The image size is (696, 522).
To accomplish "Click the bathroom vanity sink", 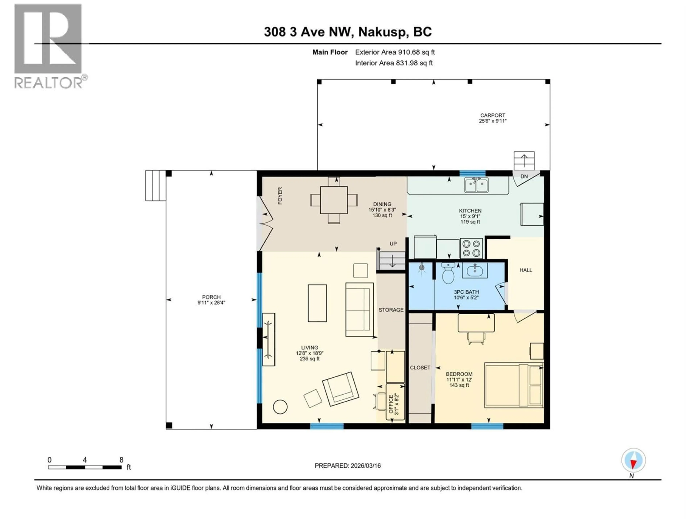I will pos(475,270).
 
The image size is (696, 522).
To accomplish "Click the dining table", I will pos(334,200).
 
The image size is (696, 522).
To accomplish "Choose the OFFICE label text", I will pos(391,404).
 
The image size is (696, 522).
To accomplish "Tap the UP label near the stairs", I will pos(393,244).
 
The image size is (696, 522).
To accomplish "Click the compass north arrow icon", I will pos(633,460).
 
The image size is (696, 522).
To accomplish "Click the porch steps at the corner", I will pos(156,185).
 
